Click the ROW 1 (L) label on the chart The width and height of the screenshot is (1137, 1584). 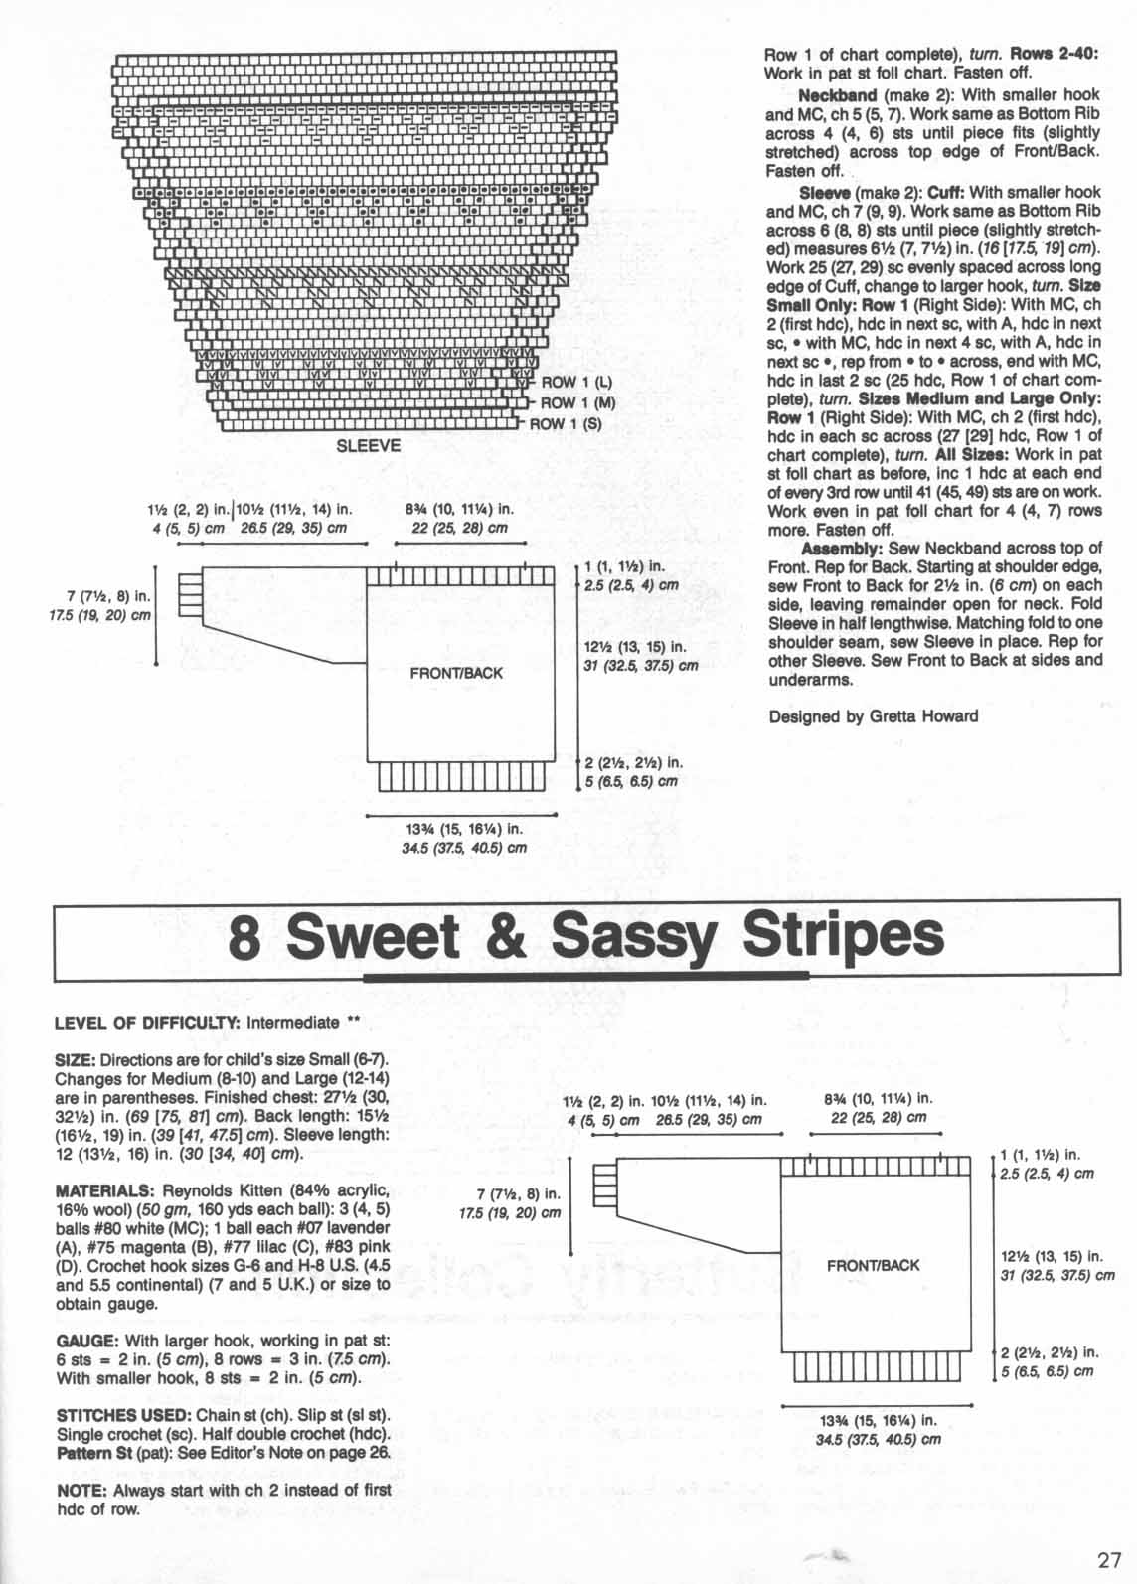click(576, 383)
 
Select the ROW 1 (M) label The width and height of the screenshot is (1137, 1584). click(578, 402)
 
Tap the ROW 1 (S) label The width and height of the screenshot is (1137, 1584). click(567, 424)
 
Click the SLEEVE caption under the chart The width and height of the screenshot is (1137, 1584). click(369, 446)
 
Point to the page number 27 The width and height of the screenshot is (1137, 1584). click(1110, 1558)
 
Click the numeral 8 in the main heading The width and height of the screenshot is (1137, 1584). click(244, 937)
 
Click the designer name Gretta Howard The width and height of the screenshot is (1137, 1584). click(922, 715)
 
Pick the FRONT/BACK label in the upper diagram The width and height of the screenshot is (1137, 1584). click(456, 673)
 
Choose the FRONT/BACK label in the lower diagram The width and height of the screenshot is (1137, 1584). click(874, 1265)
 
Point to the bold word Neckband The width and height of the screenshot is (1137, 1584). click(838, 95)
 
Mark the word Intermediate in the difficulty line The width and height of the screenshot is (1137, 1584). click(294, 1022)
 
